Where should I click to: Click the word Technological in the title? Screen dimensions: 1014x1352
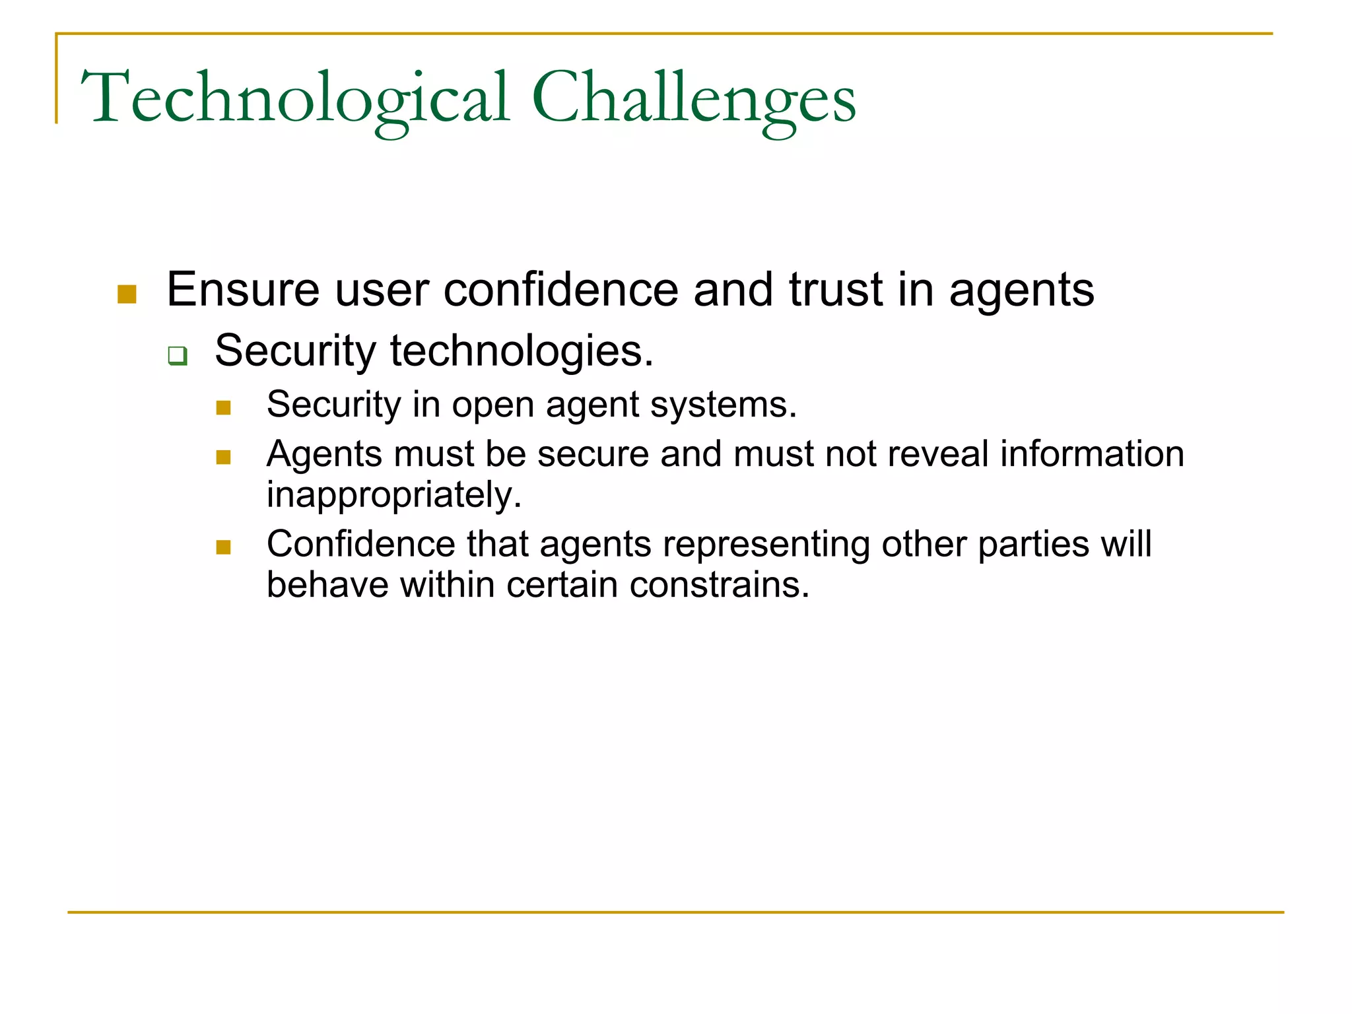[x=295, y=99]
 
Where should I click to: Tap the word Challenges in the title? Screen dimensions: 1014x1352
[x=693, y=99]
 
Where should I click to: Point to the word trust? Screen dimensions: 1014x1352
[x=836, y=290]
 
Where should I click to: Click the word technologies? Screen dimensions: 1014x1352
[x=522, y=351]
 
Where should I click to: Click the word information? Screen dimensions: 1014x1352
[x=1092, y=454]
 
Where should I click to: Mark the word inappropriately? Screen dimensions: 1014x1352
[x=394, y=495]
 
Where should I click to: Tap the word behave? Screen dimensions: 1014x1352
[x=327, y=585]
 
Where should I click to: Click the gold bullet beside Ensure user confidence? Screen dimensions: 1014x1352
[x=127, y=294]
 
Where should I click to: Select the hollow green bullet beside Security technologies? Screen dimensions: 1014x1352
[x=178, y=356]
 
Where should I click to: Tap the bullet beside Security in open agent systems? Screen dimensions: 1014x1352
[x=223, y=408]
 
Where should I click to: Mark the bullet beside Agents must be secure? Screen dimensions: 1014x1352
[x=223, y=457]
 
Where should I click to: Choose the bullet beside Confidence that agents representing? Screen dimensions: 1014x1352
[x=223, y=547]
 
